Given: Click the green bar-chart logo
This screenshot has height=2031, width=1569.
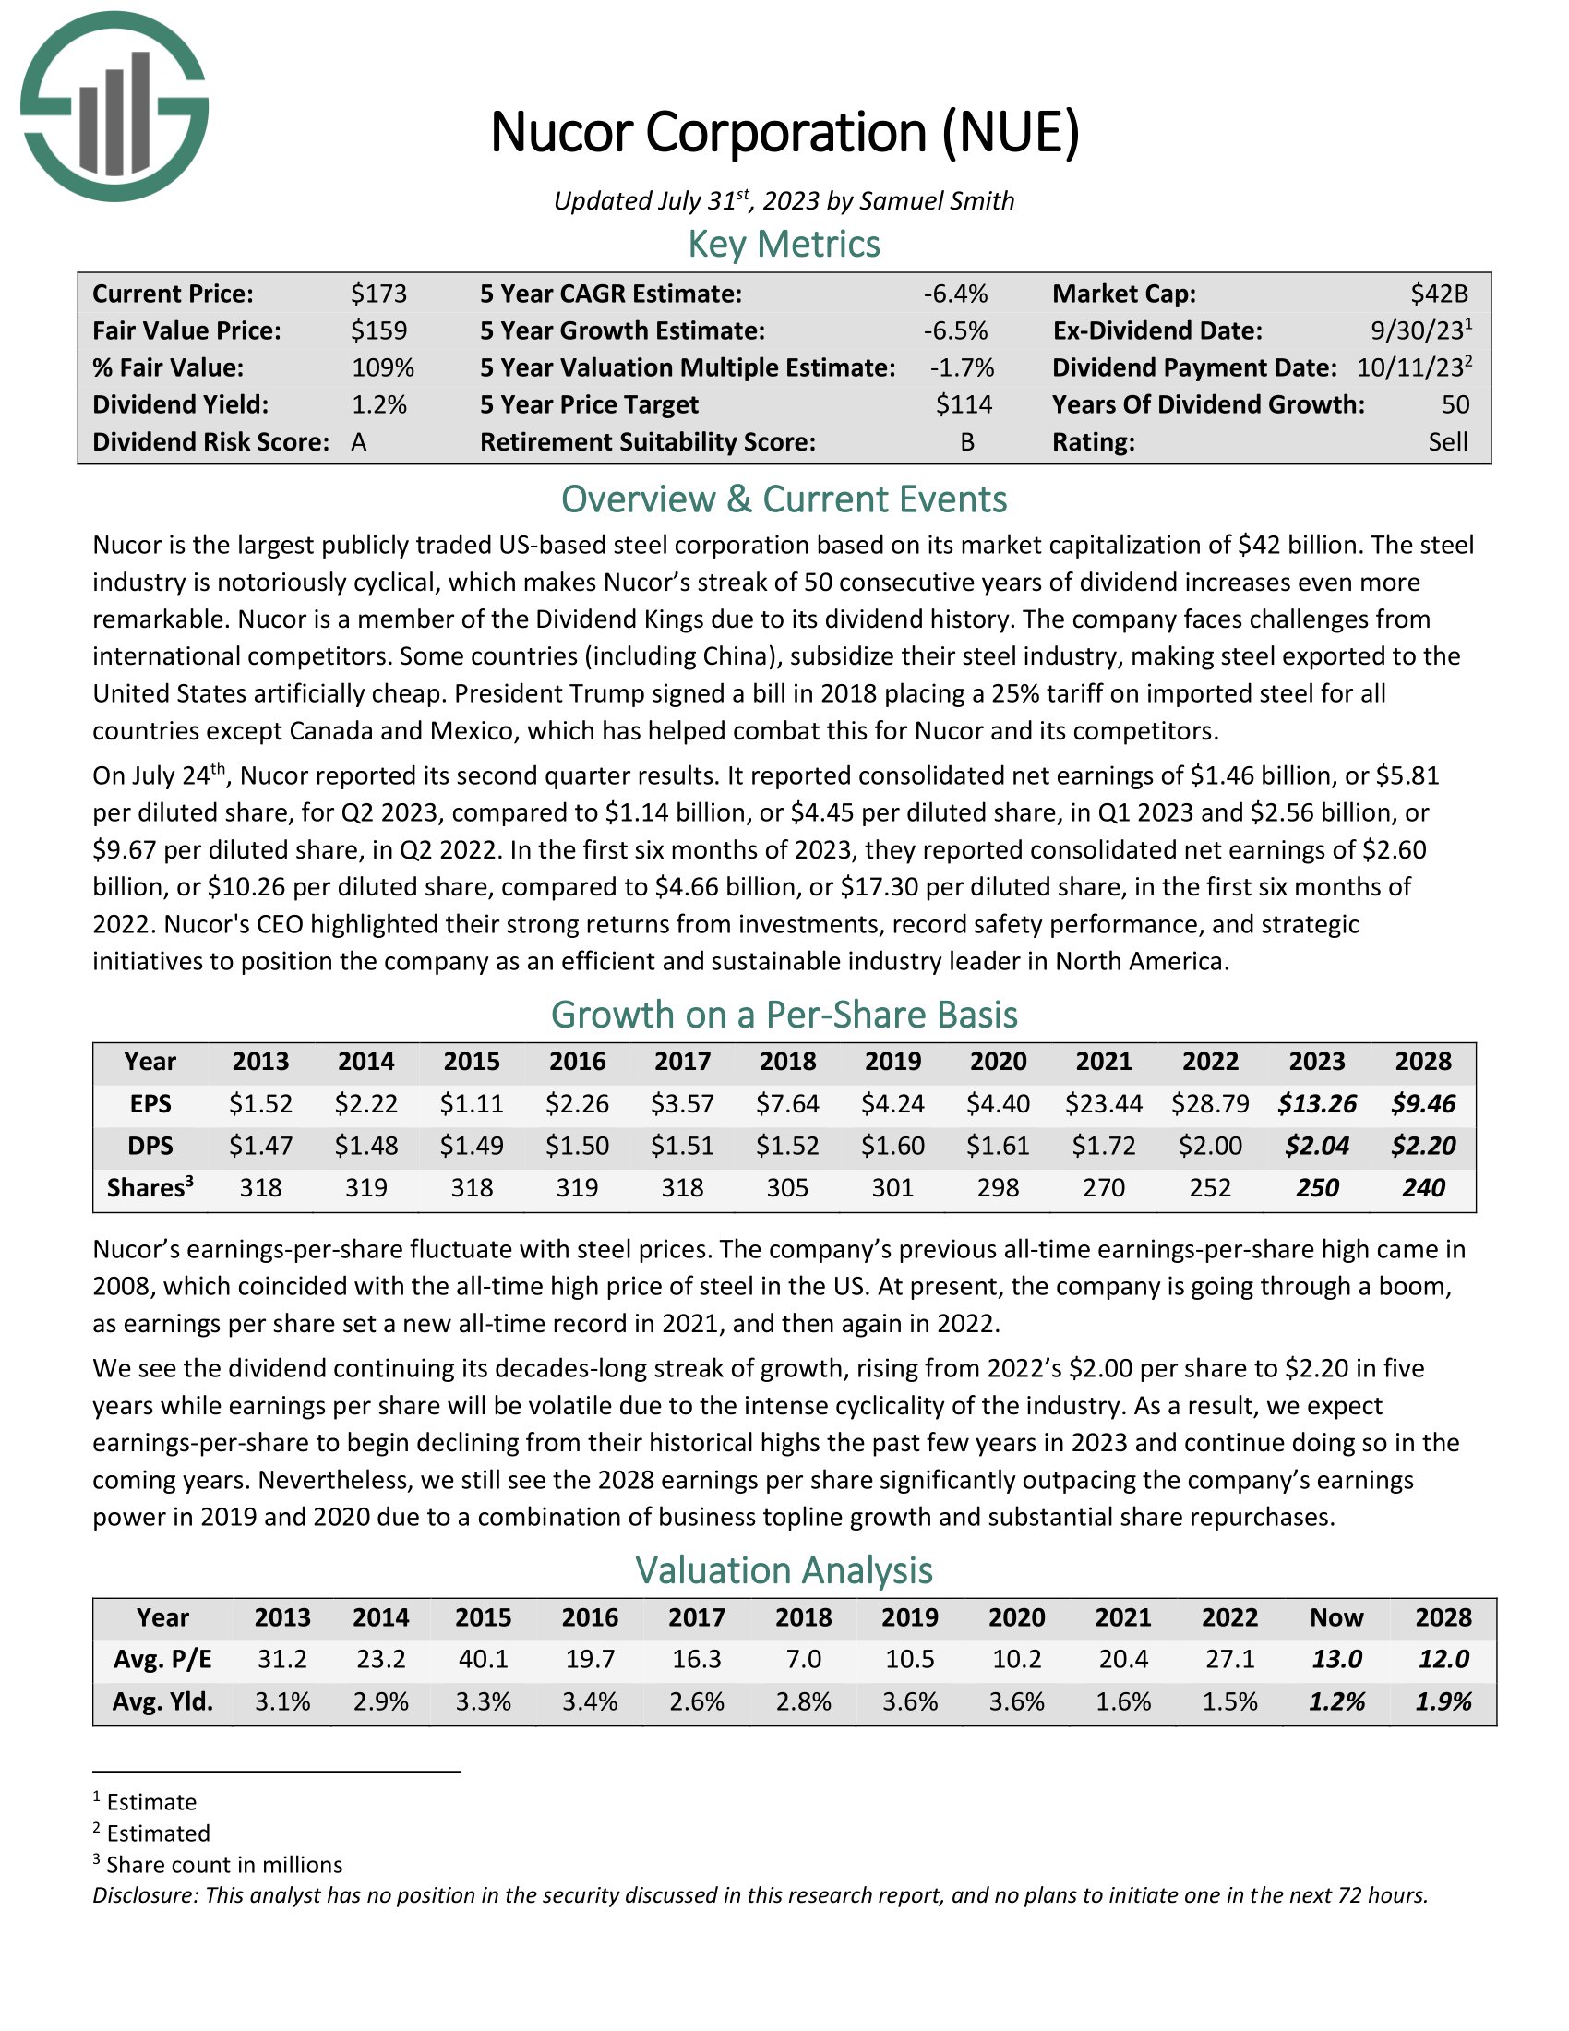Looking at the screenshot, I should click(x=114, y=107).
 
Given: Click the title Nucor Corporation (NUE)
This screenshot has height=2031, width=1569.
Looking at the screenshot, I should click(x=784, y=132).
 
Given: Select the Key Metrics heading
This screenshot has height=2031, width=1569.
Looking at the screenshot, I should click(x=784, y=245).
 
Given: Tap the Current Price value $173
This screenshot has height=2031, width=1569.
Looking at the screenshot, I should click(x=379, y=294).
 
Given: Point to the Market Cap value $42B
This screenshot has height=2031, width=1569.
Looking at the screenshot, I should click(x=1439, y=294).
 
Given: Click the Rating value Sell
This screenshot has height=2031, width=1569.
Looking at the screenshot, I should click(x=1448, y=441).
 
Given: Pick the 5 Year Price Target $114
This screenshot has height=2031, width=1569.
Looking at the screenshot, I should click(x=964, y=404).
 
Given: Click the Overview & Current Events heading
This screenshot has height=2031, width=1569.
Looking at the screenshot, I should click(x=784, y=500).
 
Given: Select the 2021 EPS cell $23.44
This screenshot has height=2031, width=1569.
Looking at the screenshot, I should click(x=1103, y=1104).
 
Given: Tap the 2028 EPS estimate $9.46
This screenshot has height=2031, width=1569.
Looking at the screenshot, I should click(x=1423, y=1104).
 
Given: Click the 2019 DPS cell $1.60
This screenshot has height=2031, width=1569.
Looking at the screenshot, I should click(x=892, y=1146).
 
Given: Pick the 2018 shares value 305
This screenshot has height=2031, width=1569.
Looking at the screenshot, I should click(x=787, y=1187).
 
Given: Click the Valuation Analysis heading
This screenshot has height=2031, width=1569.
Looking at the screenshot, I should click(x=784, y=1570).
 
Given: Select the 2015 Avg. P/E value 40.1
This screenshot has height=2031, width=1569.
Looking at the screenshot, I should click(x=483, y=1659).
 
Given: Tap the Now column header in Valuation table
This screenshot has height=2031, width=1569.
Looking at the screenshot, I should click(x=1335, y=1617).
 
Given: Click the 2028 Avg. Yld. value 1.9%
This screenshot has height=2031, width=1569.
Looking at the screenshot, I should click(x=1443, y=1701).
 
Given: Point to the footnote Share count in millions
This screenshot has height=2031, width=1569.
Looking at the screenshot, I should click(x=224, y=1865).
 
